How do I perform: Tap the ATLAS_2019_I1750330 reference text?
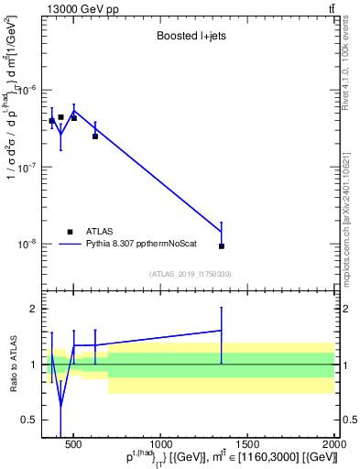190,274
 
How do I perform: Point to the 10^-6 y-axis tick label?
28,90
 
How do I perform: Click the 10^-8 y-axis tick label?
28,245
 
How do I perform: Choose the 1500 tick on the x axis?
247,446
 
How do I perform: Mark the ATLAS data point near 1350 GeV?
221,246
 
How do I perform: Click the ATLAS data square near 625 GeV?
95,136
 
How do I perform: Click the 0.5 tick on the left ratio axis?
28,420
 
